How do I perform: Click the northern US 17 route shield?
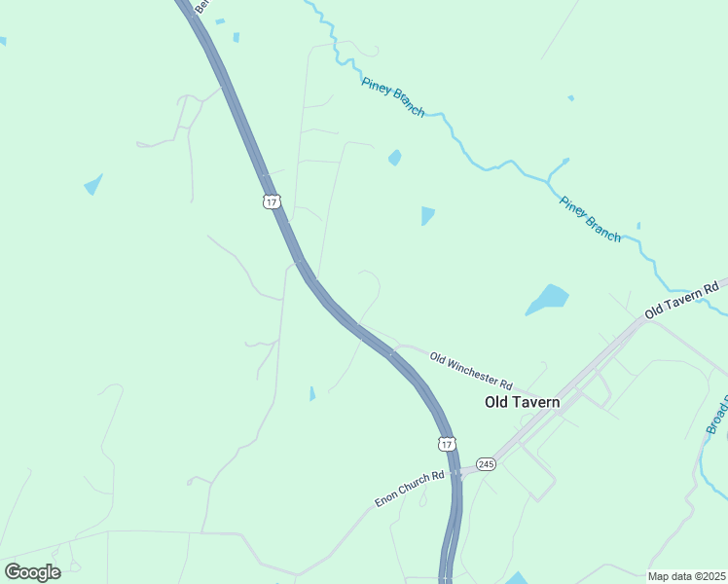coord(272,201)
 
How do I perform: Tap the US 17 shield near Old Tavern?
coord(447,444)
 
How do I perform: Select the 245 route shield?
coord(487,464)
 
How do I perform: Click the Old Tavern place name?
coord(523,402)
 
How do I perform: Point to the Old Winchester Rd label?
coord(471,371)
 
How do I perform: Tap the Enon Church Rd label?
coord(410,489)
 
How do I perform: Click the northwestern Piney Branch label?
coord(393,97)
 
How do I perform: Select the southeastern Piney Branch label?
coord(590,219)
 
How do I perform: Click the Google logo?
coord(32,572)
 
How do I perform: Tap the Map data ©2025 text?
coord(686,576)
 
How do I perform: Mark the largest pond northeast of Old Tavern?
coord(547,299)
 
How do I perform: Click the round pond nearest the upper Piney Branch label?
coord(394,158)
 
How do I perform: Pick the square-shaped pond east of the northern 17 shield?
coord(427,215)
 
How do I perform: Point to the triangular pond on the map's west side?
coord(93,184)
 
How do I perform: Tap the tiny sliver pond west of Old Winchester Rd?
coord(311,393)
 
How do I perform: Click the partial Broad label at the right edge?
coord(716,415)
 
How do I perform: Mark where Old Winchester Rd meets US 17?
coord(392,352)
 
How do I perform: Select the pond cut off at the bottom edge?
coord(516,578)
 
